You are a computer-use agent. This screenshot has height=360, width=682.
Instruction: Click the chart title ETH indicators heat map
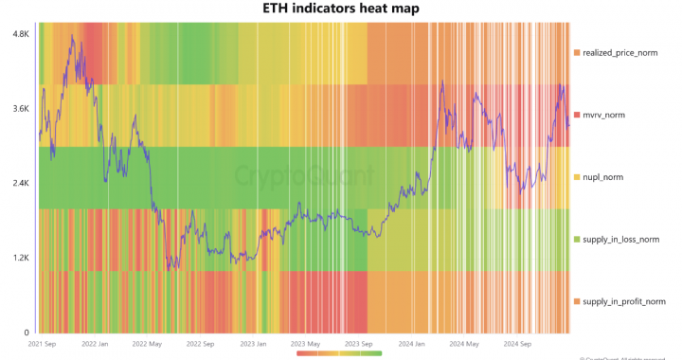click(340, 9)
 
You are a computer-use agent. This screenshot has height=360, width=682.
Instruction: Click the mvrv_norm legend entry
click(611, 115)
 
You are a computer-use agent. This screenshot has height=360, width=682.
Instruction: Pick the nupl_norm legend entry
click(609, 177)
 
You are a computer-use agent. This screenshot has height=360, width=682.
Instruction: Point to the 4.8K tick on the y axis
click(20, 34)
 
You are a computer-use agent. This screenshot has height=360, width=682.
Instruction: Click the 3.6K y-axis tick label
click(20, 109)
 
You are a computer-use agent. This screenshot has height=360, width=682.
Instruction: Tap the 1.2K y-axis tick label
click(20, 258)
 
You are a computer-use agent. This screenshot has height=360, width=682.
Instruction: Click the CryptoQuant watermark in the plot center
click(303, 176)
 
